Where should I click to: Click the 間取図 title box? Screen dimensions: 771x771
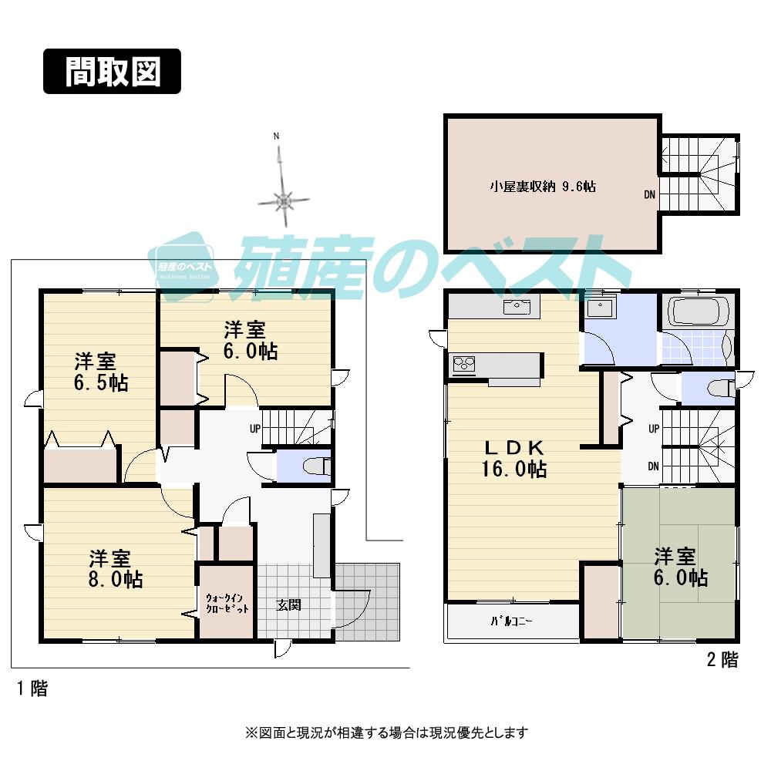(112, 72)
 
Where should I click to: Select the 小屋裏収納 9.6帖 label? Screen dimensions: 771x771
(544, 186)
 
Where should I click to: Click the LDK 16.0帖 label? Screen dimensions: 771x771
(515, 458)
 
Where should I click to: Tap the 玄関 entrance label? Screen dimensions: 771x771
(288, 605)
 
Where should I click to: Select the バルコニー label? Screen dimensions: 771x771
(512, 621)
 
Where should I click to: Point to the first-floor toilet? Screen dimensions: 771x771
(316, 466)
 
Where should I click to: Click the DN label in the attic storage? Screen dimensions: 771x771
(650, 195)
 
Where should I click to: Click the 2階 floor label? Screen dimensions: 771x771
(722, 660)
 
